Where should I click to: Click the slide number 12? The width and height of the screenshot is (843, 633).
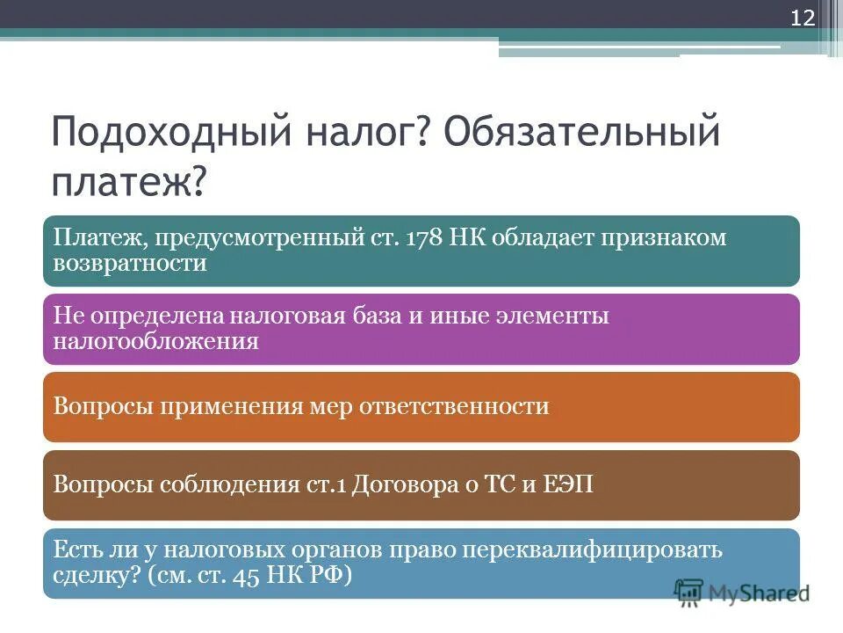pos(803,18)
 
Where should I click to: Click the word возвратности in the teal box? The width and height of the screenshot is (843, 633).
pos(130,263)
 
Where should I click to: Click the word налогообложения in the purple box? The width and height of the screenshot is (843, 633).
pos(156,341)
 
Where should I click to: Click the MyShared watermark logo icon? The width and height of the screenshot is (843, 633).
pos(689,593)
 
